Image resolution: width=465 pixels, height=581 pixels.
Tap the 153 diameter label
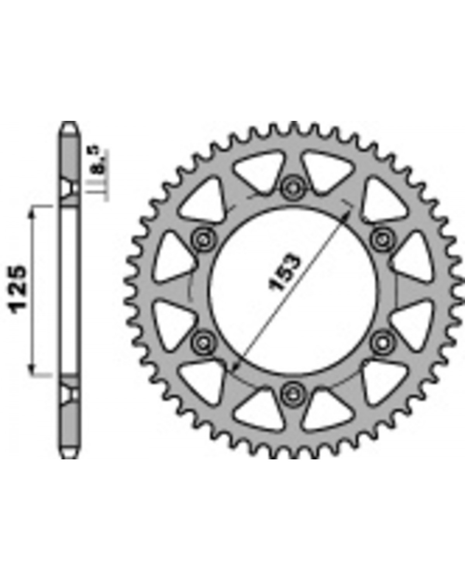coord(284,273)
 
